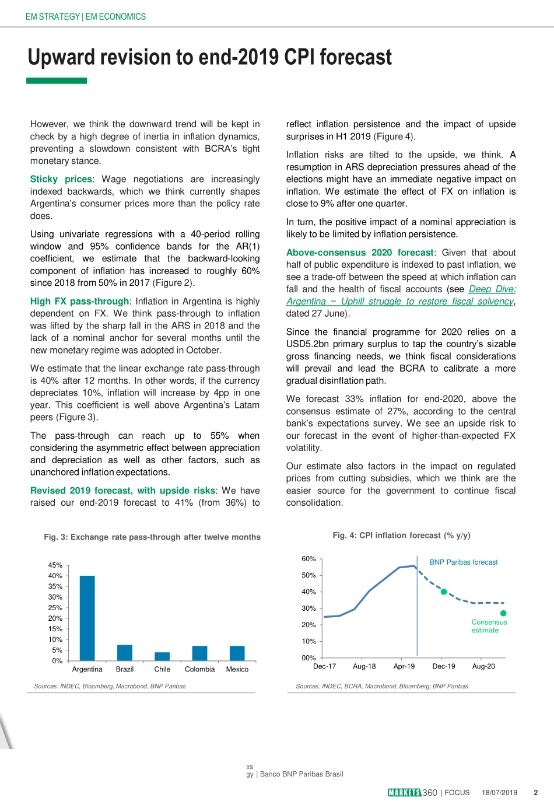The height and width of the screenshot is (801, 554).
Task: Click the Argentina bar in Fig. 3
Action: (x=87, y=618)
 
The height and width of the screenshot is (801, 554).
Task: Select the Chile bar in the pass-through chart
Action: (x=162, y=656)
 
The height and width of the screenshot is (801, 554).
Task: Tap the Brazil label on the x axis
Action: (x=125, y=669)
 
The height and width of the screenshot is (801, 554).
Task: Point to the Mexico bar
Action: (x=237, y=653)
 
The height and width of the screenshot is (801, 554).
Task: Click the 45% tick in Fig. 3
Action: (x=55, y=565)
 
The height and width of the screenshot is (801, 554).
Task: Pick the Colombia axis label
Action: (x=200, y=669)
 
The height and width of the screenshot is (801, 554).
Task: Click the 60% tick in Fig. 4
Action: (x=308, y=559)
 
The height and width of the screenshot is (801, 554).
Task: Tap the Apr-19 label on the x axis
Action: (x=404, y=666)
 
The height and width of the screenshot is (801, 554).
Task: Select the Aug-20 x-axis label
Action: (x=483, y=666)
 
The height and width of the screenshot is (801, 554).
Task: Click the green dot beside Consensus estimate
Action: (x=503, y=613)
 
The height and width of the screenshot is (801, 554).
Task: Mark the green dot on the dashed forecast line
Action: (x=444, y=592)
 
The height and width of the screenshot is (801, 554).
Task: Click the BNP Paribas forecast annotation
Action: (x=464, y=562)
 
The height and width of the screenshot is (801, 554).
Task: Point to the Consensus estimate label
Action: (x=489, y=626)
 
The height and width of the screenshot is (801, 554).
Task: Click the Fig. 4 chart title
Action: (x=401, y=535)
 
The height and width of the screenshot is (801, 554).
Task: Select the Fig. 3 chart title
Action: (x=152, y=537)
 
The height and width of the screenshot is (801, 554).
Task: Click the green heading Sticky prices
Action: (x=61, y=179)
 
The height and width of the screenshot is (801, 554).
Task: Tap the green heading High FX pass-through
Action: (x=79, y=301)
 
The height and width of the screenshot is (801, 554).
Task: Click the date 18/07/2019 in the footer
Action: (x=499, y=792)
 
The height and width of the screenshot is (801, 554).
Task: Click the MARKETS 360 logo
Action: (x=412, y=792)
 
